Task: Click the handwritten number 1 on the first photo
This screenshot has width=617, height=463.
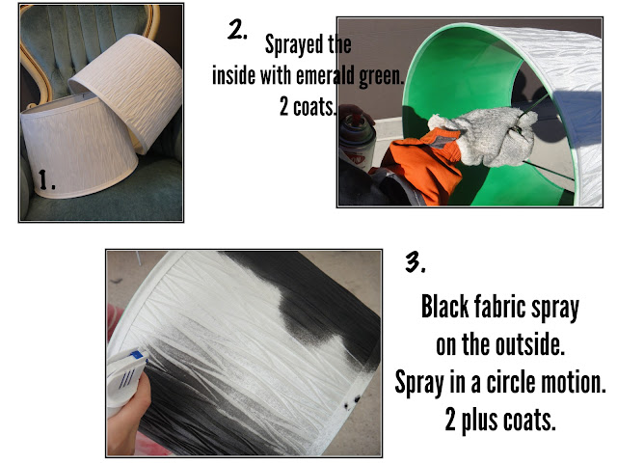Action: pos(47,179)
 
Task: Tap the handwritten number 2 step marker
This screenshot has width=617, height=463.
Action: pos(237,30)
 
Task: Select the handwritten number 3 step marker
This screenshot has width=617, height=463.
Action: pos(416,261)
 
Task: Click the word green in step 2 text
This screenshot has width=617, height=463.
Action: pos(382,75)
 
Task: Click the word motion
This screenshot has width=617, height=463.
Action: pos(574,382)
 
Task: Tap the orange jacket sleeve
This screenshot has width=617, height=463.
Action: pos(421,165)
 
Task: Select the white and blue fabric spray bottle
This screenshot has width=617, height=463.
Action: pos(126,377)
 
